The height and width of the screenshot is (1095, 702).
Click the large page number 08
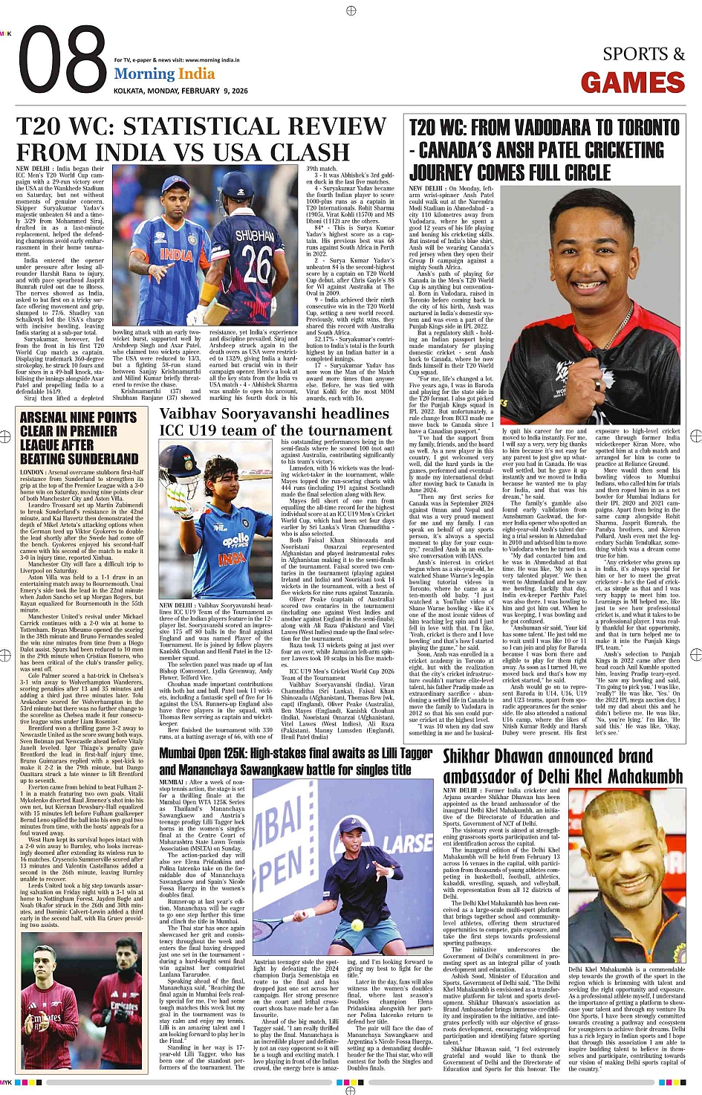(x=62, y=62)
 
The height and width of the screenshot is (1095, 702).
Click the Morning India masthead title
(x=164, y=74)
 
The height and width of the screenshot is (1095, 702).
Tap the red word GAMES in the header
(x=632, y=83)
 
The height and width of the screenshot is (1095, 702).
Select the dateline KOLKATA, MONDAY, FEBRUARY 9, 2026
(x=181, y=91)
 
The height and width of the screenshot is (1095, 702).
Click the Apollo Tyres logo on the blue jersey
(x=235, y=540)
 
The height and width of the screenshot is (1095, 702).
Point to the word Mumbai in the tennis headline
(x=181, y=753)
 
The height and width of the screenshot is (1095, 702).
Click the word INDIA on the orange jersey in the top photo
(x=176, y=255)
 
